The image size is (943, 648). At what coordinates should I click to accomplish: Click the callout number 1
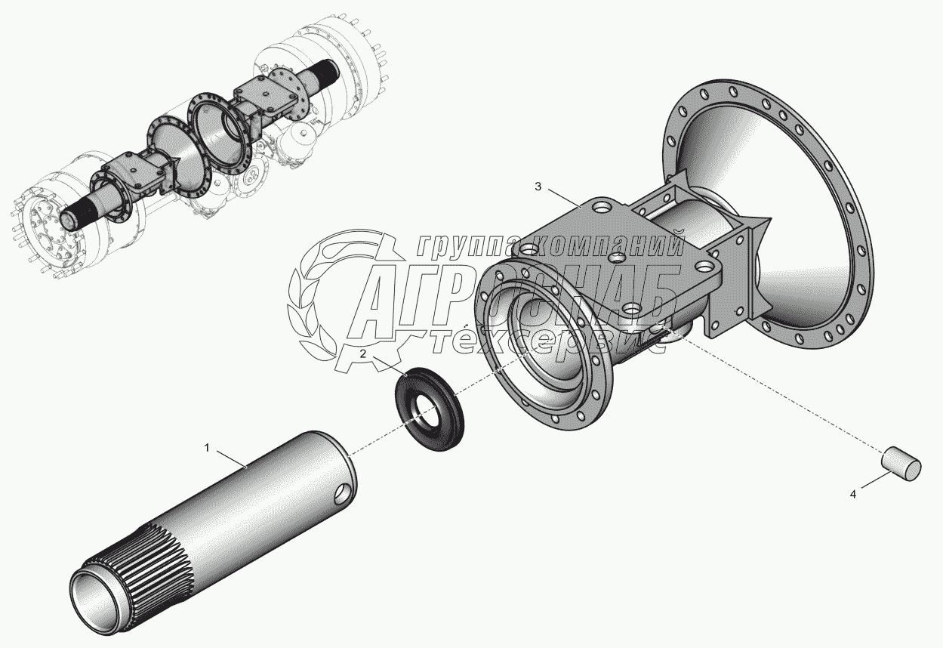click(207, 448)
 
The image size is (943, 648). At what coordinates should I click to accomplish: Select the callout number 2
click(363, 353)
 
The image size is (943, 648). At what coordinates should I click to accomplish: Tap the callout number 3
click(538, 187)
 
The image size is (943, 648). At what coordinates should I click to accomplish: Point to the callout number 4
click(853, 495)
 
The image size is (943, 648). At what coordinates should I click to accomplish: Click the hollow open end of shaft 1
click(94, 596)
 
